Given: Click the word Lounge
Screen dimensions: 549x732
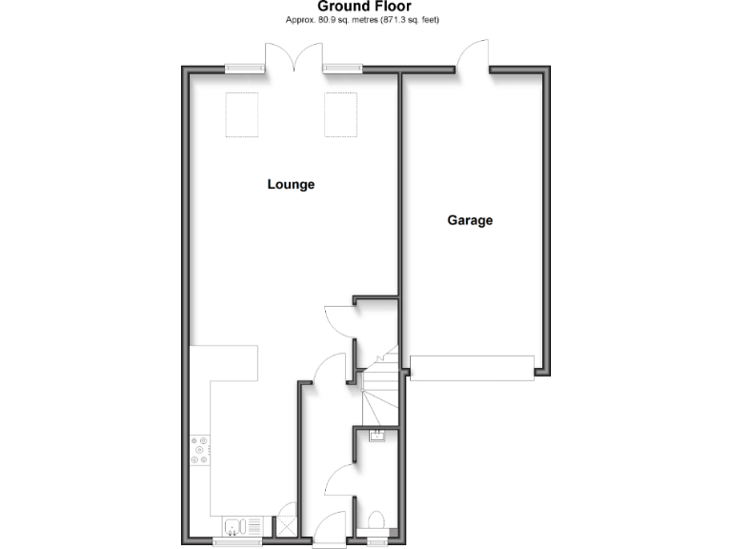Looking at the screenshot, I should [x=291, y=185].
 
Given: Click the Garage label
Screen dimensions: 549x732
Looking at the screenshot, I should [x=470, y=220].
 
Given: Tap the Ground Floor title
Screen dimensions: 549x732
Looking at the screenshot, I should [x=365, y=7].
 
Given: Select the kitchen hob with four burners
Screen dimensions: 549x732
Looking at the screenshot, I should [x=200, y=450].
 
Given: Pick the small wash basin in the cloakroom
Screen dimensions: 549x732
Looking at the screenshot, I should [x=375, y=437].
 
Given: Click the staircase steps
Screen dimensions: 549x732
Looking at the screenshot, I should [x=377, y=391].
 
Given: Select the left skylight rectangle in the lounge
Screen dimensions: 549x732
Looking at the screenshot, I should [x=239, y=113].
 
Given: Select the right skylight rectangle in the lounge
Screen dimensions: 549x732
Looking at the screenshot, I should [x=339, y=113].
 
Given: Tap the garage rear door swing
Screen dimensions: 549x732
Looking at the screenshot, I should [x=474, y=55].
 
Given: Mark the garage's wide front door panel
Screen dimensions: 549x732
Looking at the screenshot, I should [x=472, y=367].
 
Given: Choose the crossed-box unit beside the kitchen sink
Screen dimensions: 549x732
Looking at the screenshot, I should [x=284, y=525].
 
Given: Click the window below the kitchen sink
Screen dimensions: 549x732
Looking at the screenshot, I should [x=235, y=542].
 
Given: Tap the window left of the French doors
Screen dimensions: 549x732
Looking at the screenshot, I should [x=245, y=68].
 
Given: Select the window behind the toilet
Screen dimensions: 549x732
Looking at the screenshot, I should [x=377, y=542].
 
